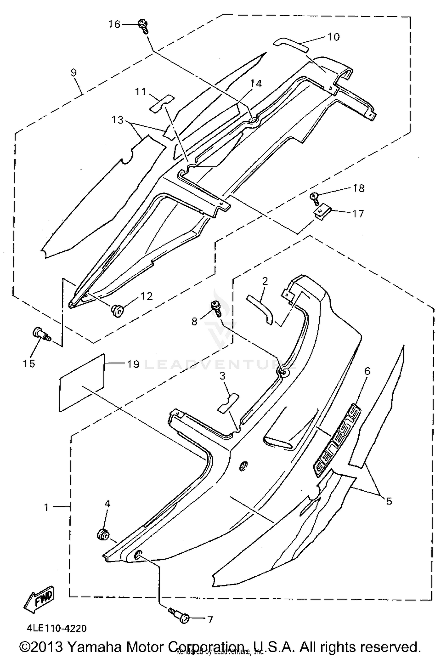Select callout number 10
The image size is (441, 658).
(x=333, y=37)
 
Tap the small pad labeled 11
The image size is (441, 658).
(x=161, y=103)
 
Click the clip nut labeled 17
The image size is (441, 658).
(x=322, y=211)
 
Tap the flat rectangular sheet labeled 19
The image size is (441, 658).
(x=82, y=383)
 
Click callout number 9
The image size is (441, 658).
(x=73, y=72)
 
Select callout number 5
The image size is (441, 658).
(x=389, y=501)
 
